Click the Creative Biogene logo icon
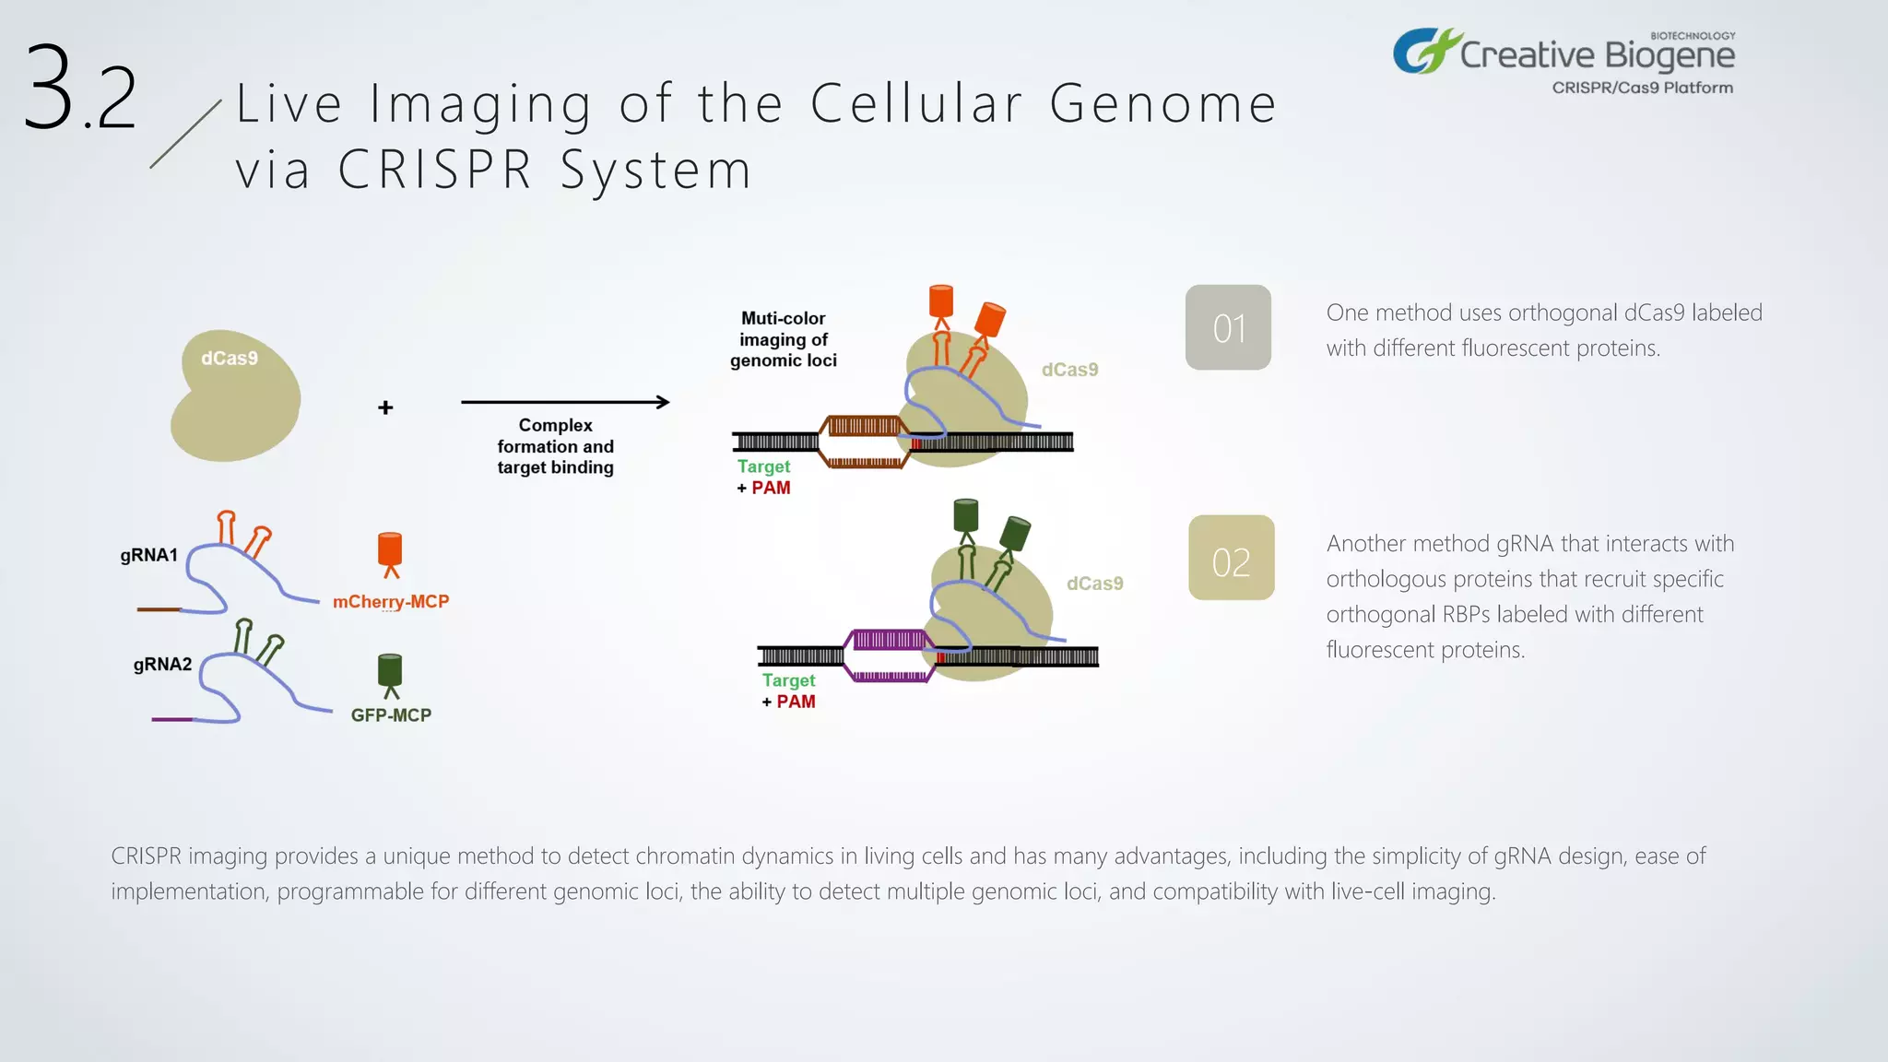[x=1424, y=52]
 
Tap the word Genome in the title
[x=1162, y=103]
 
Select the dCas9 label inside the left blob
[x=230, y=359]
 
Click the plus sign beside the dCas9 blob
[x=385, y=407]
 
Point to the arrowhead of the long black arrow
[x=663, y=402]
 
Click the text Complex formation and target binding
[x=555, y=446]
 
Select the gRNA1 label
[x=148, y=555]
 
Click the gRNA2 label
[x=162, y=665]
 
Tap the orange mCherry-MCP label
[x=391, y=602]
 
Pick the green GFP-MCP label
[x=391, y=715]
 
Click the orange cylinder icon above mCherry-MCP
[x=390, y=551]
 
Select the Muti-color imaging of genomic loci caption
[x=784, y=339]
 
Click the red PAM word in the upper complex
[x=771, y=488]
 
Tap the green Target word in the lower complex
[x=788, y=680]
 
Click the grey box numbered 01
[x=1228, y=327]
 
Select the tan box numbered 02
[x=1231, y=559]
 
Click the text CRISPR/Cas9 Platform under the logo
[x=1642, y=88]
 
